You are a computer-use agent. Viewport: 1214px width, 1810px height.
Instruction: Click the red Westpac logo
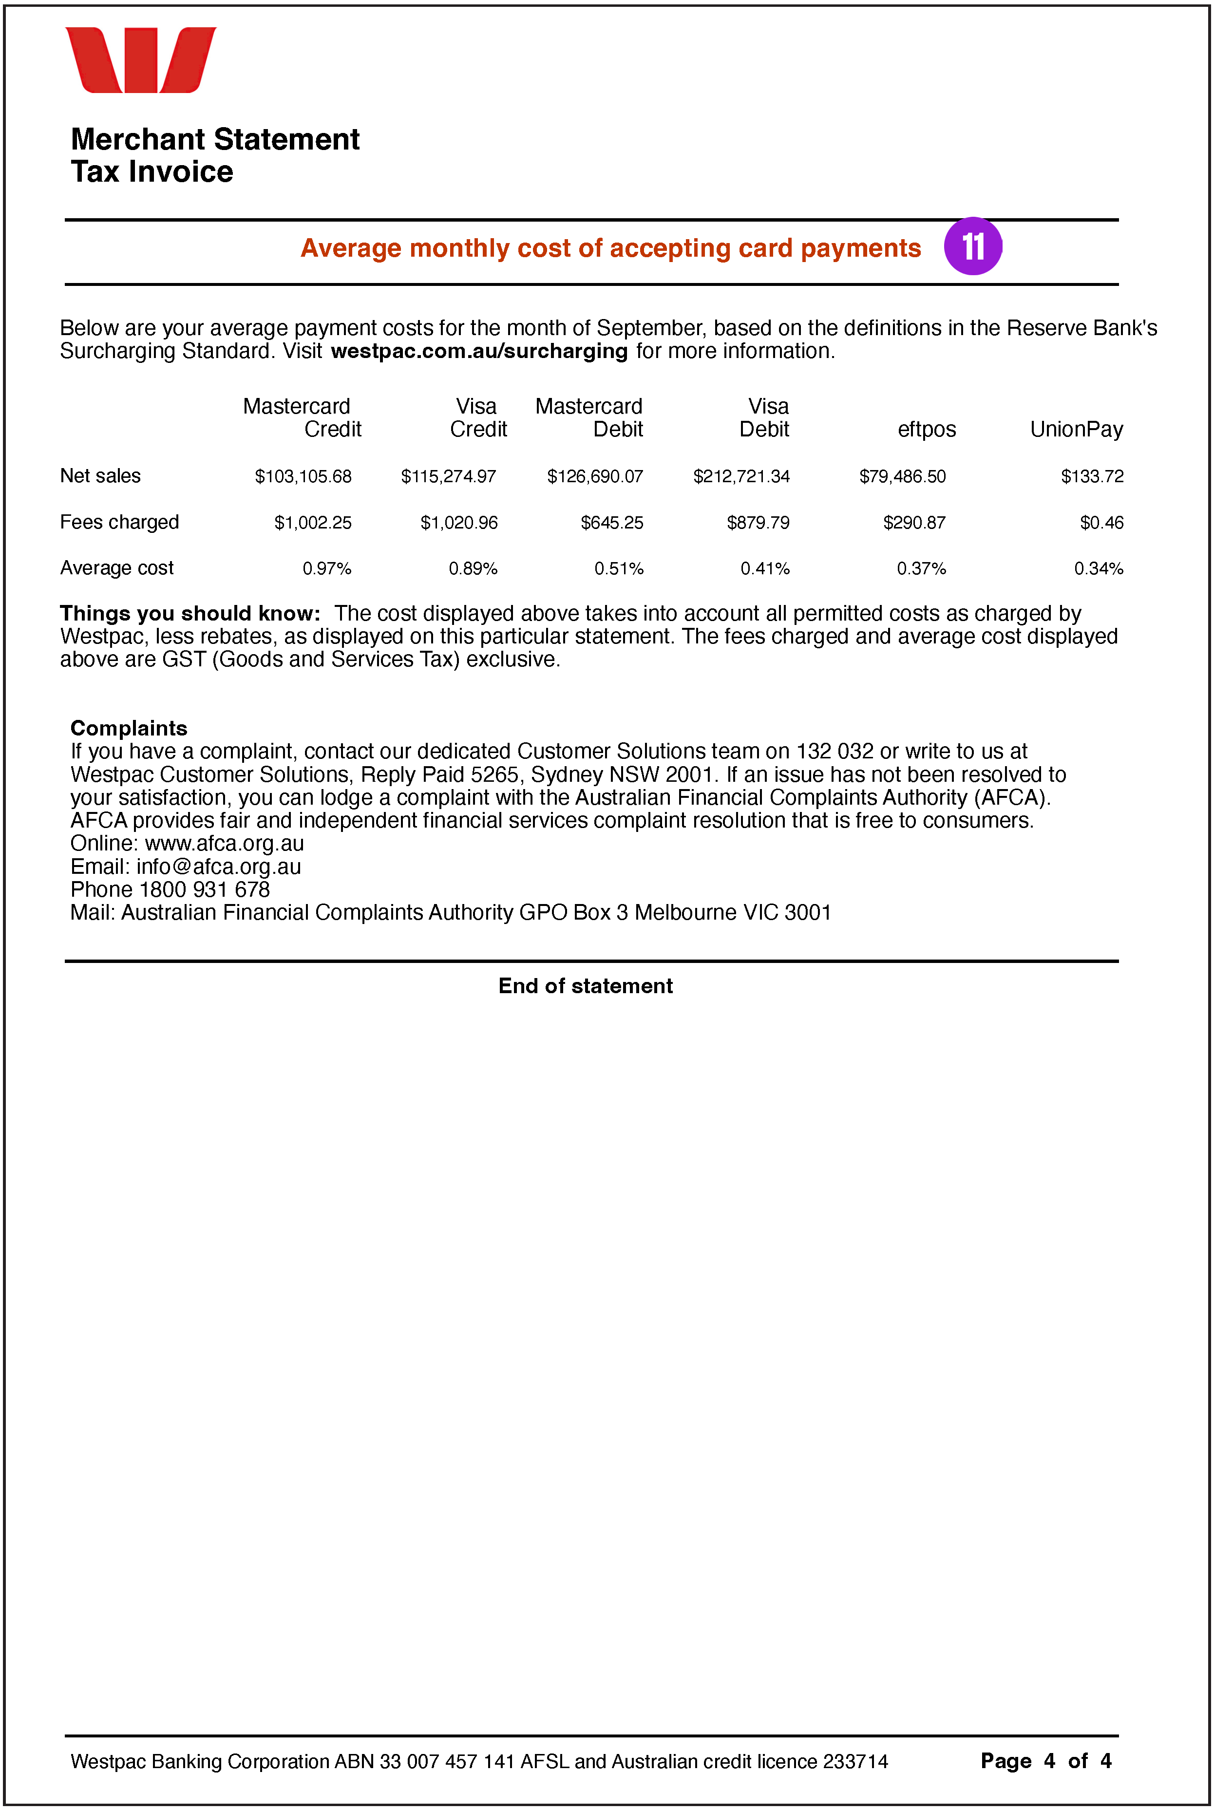point(140,60)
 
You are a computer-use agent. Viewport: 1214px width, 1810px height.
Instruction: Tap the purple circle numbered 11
point(972,247)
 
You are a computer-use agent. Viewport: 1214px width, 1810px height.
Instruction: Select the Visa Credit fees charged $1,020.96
point(458,523)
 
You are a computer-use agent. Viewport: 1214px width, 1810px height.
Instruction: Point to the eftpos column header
point(926,430)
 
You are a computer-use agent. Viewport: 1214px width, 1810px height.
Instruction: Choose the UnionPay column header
point(1076,430)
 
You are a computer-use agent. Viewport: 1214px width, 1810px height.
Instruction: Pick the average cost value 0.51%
point(619,569)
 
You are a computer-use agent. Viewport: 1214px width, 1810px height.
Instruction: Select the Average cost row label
point(117,568)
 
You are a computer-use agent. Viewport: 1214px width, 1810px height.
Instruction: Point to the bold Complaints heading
point(129,729)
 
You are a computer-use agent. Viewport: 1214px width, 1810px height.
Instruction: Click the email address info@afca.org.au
point(218,867)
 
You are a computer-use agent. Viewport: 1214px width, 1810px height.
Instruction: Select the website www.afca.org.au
point(225,844)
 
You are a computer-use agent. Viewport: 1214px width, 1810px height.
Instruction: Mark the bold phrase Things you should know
point(190,614)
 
